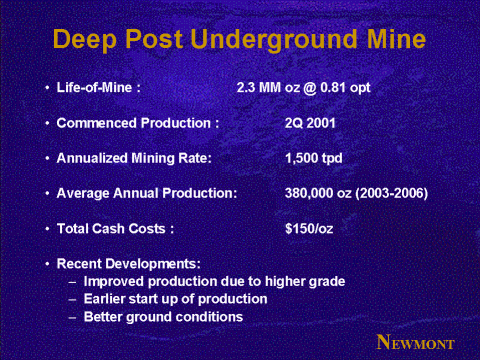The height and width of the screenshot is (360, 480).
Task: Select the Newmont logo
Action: [x=415, y=342]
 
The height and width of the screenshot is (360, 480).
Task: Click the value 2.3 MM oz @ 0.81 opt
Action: [x=303, y=88]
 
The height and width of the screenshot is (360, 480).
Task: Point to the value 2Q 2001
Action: [x=310, y=123]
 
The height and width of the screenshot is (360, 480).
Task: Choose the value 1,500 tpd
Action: [x=314, y=158]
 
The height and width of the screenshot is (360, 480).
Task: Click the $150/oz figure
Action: [x=309, y=229]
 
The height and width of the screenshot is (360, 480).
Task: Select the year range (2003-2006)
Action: [x=392, y=193]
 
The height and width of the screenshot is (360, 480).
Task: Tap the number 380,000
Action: [x=309, y=193]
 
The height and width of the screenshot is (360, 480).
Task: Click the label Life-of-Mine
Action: [x=95, y=88]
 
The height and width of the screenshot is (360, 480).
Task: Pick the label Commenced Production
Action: [x=134, y=123]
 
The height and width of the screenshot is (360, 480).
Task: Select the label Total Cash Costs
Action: [x=111, y=229]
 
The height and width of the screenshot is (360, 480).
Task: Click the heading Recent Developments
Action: [x=129, y=264]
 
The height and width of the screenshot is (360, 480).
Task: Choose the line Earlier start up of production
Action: [x=176, y=299]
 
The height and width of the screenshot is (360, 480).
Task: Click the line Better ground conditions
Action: [x=163, y=317]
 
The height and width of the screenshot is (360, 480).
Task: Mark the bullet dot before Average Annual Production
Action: [x=48, y=193]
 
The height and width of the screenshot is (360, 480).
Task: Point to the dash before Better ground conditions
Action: [x=72, y=317]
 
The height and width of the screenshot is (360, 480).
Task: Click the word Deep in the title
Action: [x=85, y=40]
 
